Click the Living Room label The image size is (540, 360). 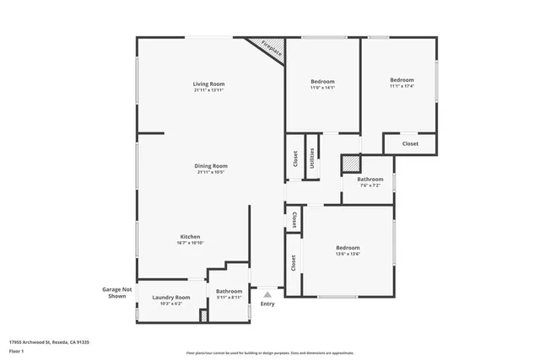(x=208, y=84)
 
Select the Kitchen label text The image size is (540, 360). (x=191, y=236)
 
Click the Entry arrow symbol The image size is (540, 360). (x=267, y=295)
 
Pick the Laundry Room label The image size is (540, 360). (x=170, y=298)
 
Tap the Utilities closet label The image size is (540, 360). (x=312, y=157)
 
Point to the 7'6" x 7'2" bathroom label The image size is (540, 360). (x=370, y=185)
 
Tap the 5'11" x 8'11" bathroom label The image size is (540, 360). (x=229, y=298)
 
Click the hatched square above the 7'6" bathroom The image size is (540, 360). (x=351, y=164)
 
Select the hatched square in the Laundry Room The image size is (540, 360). (x=203, y=315)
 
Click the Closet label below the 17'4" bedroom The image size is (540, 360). (x=410, y=144)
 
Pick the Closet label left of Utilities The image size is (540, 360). (x=295, y=159)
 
